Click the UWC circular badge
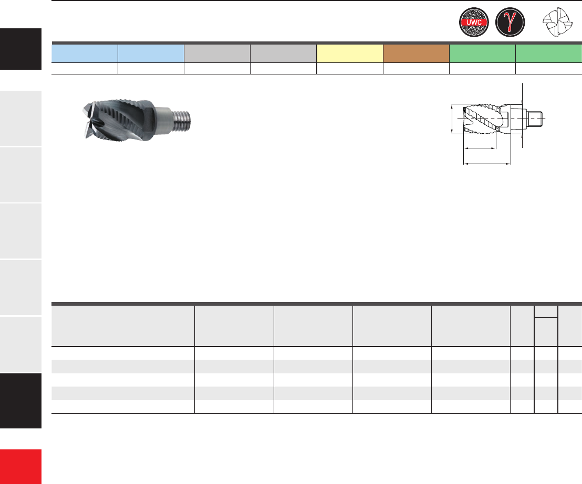point(474,22)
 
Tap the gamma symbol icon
point(510,22)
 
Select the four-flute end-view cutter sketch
point(557,22)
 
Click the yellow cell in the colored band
point(350,53)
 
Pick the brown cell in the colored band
point(416,53)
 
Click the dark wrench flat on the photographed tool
point(148,121)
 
